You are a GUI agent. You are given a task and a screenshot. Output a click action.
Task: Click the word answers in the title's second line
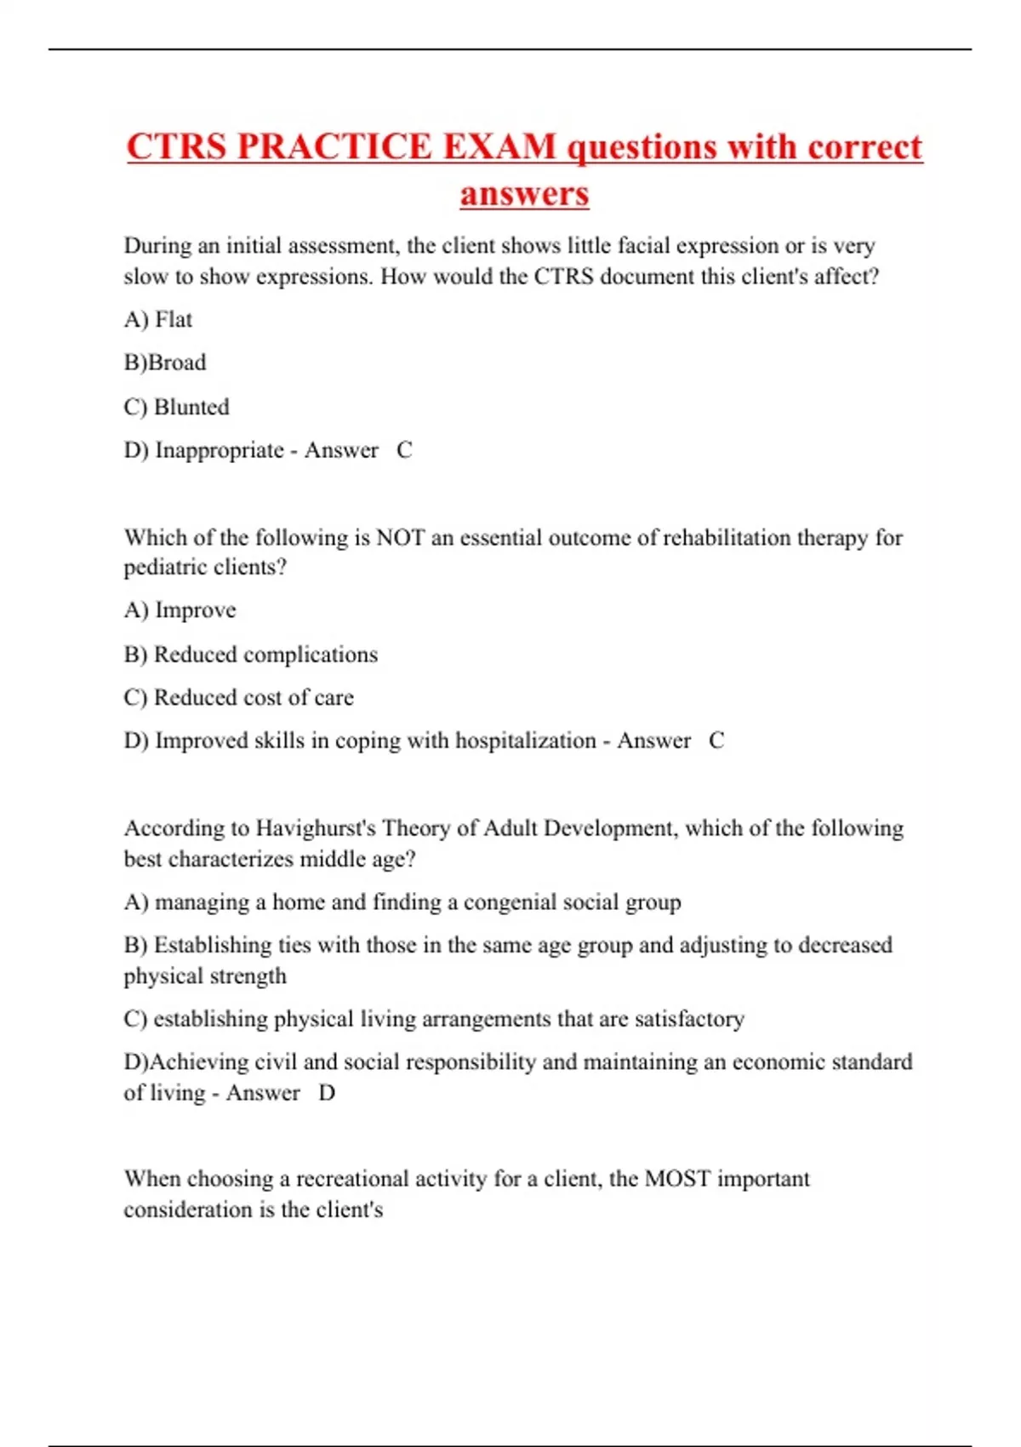click(524, 193)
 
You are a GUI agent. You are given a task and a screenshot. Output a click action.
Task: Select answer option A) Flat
click(158, 319)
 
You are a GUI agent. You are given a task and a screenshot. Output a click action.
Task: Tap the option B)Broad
click(165, 363)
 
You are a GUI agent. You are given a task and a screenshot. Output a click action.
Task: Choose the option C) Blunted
click(176, 407)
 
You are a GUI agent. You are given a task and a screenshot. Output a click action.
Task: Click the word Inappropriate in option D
click(220, 450)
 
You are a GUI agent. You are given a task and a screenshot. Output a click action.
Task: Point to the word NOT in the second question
click(400, 538)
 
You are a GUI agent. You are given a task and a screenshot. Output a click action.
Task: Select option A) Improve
click(180, 610)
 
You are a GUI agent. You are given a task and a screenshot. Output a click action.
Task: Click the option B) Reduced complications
click(250, 655)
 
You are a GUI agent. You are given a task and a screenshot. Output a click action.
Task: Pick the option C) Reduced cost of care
click(238, 698)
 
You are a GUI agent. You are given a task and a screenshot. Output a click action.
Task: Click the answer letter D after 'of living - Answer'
click(327, 1093)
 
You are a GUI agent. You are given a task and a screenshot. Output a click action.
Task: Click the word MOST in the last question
click(677, 1179)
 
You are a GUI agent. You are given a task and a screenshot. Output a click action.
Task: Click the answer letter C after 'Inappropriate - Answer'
click(404, 450)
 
